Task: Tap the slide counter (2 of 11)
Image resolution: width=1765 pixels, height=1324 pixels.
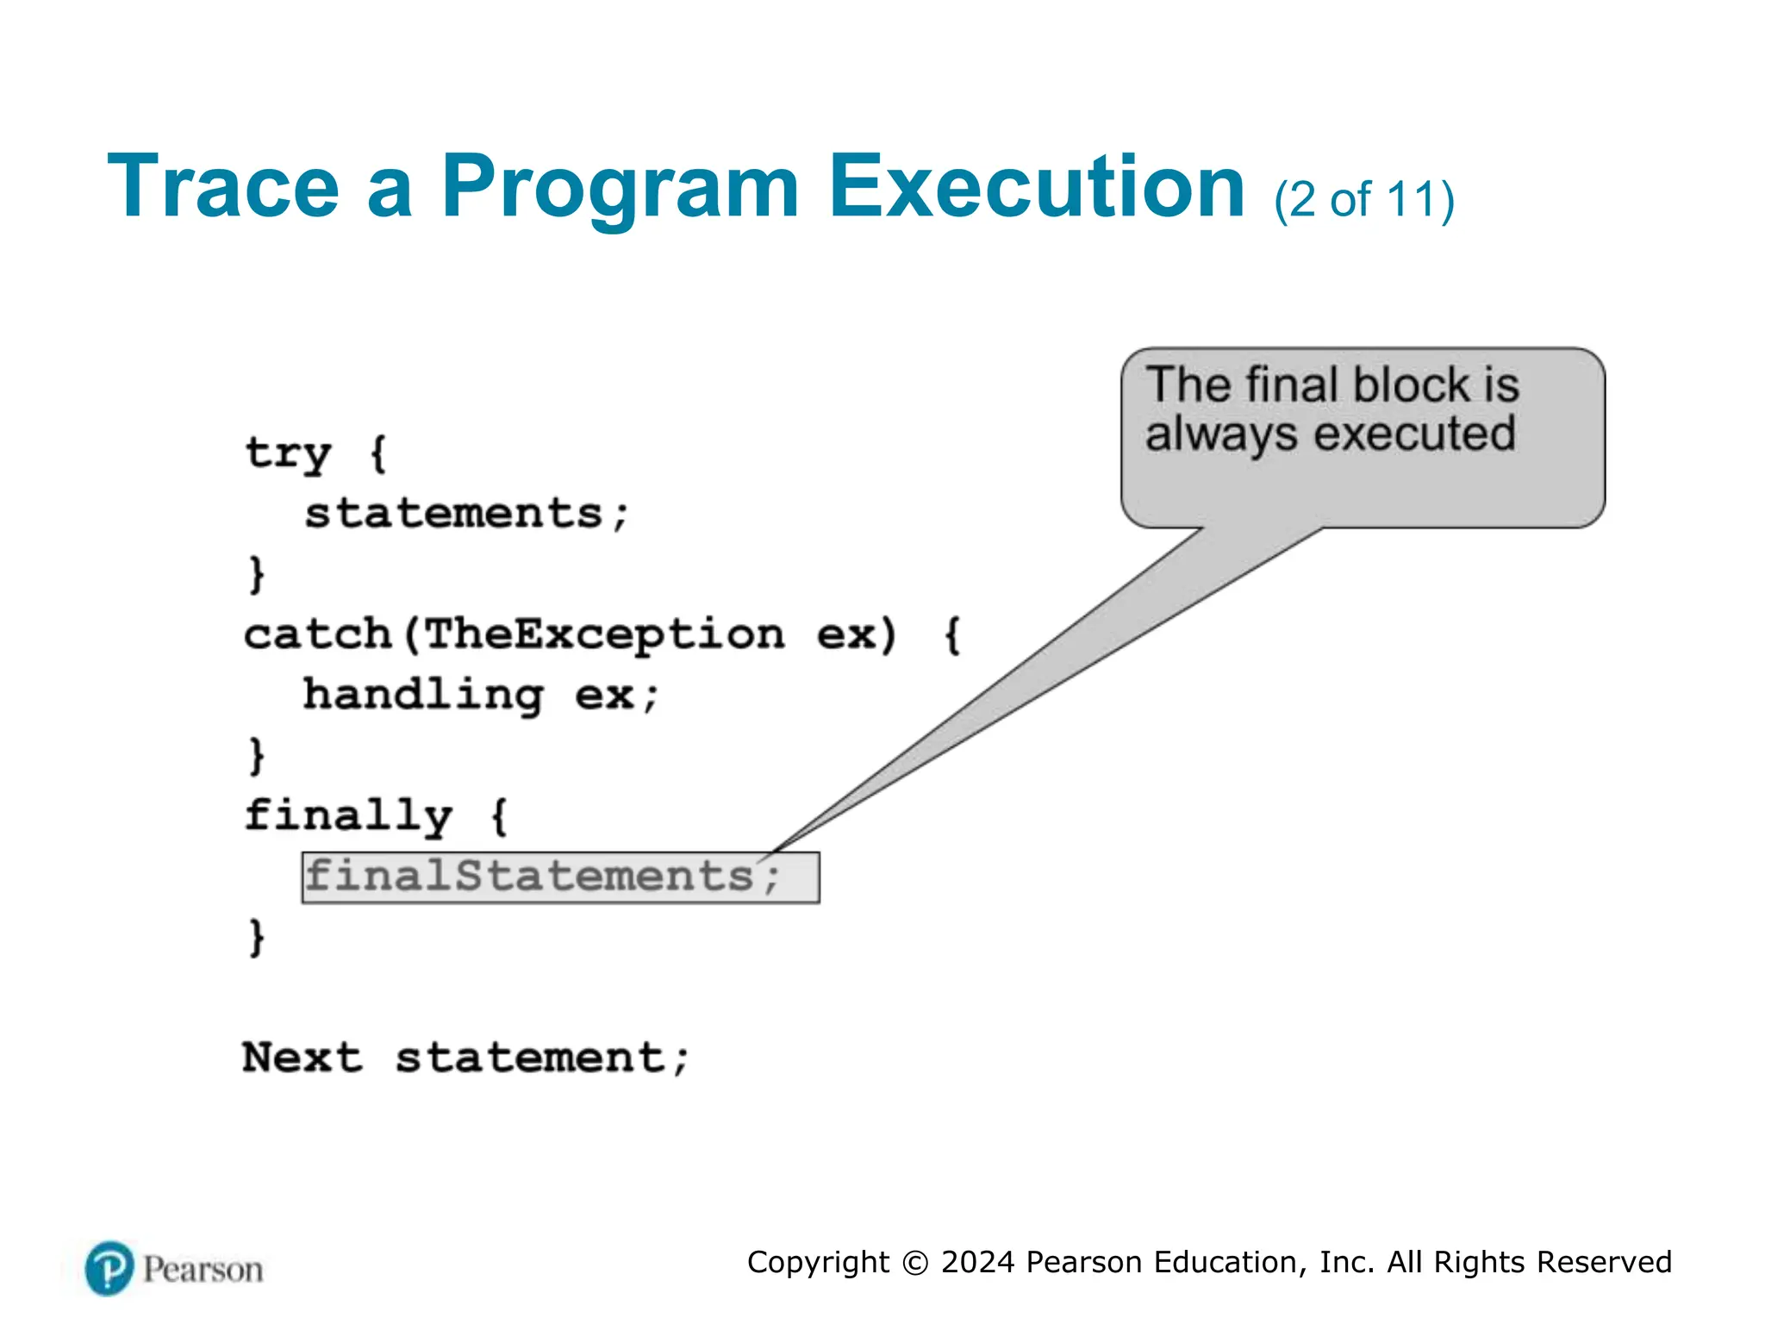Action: [1364, 200]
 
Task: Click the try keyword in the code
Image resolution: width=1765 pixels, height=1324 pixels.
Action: [288, 453]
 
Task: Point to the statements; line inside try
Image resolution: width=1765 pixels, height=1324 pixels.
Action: [466, 514]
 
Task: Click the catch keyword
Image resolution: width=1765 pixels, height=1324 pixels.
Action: [318, 635]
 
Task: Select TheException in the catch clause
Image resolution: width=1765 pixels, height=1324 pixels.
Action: [604, 635]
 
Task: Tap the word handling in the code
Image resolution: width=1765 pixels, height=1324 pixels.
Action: [423, 696]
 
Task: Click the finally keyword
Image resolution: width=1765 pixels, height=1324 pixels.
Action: [348, 816]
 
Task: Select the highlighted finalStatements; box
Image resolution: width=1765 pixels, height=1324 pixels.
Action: [560, 877]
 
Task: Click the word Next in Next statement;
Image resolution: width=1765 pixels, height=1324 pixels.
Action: [302, 1058]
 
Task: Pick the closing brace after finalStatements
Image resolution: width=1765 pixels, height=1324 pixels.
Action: [256, 938]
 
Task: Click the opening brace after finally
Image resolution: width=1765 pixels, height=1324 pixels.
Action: [499, 816]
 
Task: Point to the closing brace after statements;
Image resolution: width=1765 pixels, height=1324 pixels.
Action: [256, 574]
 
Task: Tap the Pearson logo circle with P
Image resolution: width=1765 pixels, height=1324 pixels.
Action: [109, 1268]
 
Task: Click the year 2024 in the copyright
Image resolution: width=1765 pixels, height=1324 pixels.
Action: [977, 1262]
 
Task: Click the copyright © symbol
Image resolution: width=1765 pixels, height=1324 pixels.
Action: [914, 1263]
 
